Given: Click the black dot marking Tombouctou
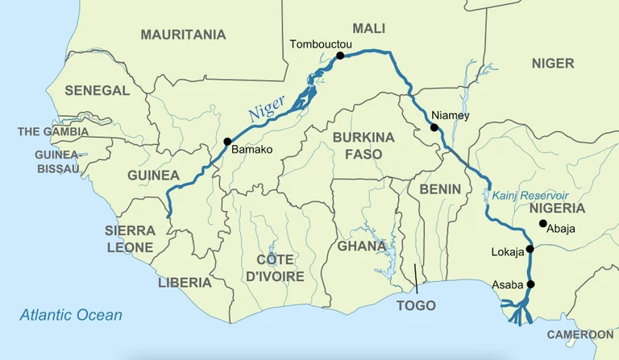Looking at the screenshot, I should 340,56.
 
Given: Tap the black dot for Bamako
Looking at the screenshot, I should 227,142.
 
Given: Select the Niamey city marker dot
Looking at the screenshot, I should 434,127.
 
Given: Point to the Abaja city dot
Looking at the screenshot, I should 542,223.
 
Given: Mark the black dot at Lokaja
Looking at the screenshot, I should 530,249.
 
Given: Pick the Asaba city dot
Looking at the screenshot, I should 530,284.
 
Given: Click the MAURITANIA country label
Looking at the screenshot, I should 183,35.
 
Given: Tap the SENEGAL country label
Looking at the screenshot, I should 97,91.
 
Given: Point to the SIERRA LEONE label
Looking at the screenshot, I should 130,238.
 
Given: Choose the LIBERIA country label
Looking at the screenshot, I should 185,283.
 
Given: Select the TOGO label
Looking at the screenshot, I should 416,305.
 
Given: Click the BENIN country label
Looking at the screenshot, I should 439,189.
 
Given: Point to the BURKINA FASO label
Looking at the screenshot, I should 364,145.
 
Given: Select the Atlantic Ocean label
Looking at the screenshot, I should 71,315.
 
